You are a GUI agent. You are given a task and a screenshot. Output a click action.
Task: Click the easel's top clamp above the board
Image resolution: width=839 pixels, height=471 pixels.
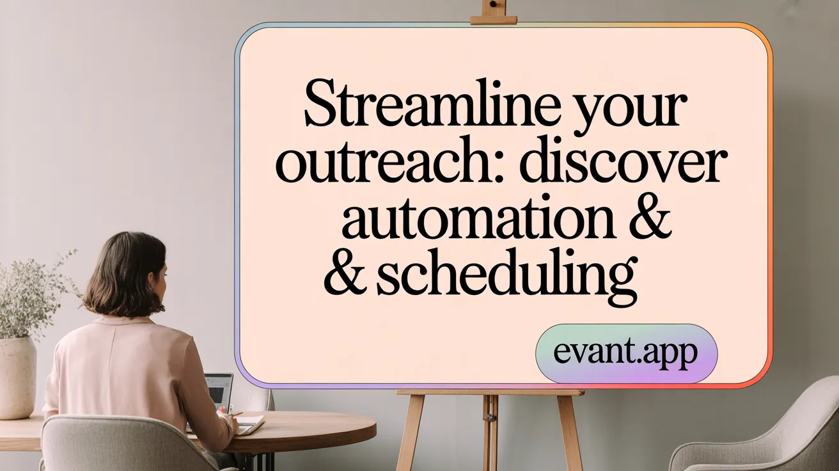[x=493, y=13]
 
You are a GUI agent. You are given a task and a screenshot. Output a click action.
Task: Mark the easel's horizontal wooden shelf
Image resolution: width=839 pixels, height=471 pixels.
[x=490, y=392]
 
